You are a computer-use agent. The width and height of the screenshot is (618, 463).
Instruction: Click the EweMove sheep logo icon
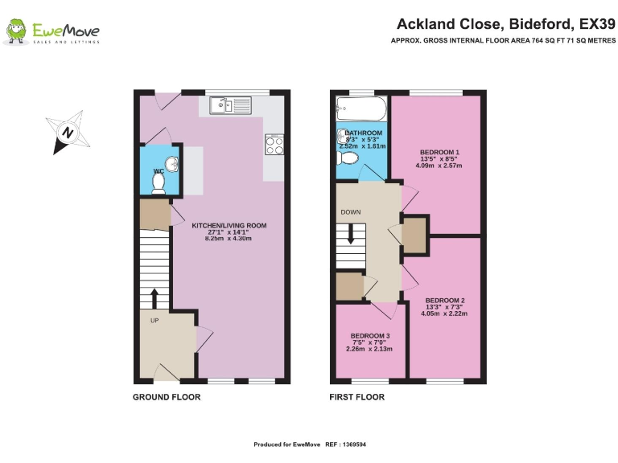(15, 31)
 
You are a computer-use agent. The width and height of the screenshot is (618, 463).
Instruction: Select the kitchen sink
(229, 104)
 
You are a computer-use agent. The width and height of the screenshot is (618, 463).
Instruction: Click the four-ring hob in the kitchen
(274, 145)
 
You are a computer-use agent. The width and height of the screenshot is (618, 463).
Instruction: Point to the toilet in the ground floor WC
(159, 183)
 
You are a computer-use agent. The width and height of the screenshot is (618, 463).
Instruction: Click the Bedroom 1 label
(440, 152)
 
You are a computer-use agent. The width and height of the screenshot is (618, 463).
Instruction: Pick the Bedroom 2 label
(445, 300)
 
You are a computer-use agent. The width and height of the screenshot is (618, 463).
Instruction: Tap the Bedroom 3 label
(370, 335)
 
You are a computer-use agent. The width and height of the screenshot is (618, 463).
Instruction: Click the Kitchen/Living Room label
(229, 225)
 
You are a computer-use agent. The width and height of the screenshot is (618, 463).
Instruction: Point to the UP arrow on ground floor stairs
(154, 297)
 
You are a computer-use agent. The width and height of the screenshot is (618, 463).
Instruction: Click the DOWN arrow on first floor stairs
(350, 235)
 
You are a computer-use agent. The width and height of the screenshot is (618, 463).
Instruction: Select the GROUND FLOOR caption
(167, 397)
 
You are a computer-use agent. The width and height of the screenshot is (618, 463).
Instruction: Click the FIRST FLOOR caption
(357, 397)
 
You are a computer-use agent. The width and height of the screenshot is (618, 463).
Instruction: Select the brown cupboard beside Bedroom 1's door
(414, 234)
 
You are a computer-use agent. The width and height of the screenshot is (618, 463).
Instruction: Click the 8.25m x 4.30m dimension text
(229, 239)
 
